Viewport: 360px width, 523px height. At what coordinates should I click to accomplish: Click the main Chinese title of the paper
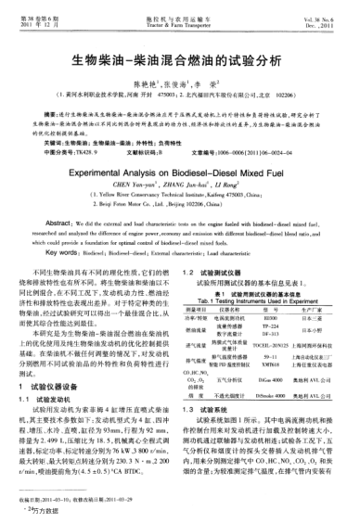click(179, 57)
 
